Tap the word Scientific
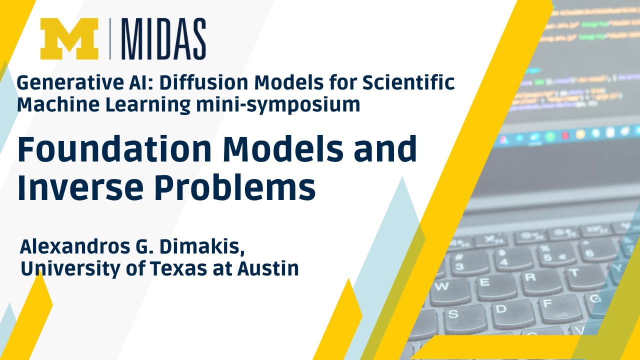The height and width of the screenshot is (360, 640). coord(408,82)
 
